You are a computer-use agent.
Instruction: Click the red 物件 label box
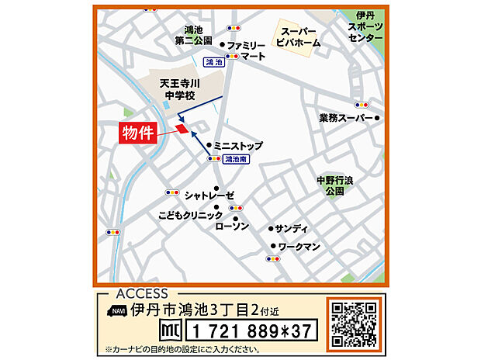pos(140,133)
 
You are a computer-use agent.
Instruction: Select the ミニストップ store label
pos(238,146)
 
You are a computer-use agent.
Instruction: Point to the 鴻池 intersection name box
pos(214,62)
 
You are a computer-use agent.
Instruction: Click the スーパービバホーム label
pos(299,37)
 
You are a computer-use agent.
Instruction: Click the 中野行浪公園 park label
pos(335,185)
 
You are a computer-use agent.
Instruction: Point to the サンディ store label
pos(292,229)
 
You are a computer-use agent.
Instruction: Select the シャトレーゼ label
pos(208,196)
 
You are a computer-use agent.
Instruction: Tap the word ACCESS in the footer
pos(140,294)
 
